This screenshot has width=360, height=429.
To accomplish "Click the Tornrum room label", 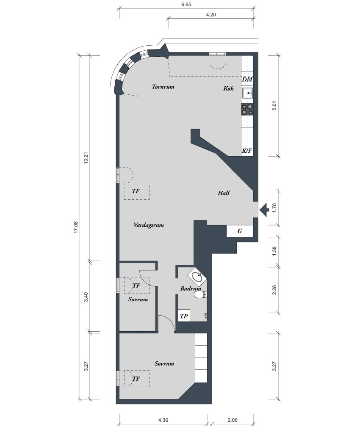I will [x=163, y=87].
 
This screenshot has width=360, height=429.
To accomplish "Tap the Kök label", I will [x=228, y=88].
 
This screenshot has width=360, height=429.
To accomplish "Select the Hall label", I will [x=224, y=193].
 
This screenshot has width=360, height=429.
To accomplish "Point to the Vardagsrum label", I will [x=148, y=225].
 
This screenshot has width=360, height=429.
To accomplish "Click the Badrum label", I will [x=190, y=289].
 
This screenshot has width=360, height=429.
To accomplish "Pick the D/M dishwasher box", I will [x=247, y=80].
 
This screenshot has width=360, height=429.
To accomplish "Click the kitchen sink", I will [x=247, y=93].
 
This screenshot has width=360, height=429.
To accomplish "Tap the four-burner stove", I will [x=247, y=109].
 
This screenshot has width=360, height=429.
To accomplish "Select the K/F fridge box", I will [x=247, y=151].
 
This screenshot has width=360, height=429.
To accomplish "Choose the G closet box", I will [x=240, y=231].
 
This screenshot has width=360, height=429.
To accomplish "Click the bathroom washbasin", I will [x=197, y=277].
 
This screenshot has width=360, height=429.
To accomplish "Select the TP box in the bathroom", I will [x=184, y=316].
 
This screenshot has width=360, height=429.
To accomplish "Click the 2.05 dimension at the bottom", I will [x=233, y=420].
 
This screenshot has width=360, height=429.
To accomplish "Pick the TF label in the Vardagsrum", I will [x=136, y=191].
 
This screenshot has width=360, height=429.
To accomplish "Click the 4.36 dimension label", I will [x=163, y=420].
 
